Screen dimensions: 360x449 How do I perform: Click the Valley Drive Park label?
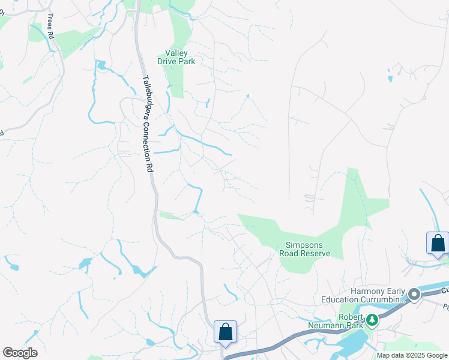pos(176,56)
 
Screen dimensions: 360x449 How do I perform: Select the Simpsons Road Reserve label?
pos(305,249)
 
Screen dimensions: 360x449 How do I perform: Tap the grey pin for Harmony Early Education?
pos(414,295)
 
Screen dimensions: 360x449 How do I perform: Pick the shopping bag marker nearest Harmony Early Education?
pos(438,243)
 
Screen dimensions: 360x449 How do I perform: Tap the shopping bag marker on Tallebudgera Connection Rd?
pos(225,332)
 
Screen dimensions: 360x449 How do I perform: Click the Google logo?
pos(20,353)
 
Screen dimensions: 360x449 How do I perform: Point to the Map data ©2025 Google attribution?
pos(412,355)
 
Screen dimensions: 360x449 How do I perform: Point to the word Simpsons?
pos(305,245)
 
